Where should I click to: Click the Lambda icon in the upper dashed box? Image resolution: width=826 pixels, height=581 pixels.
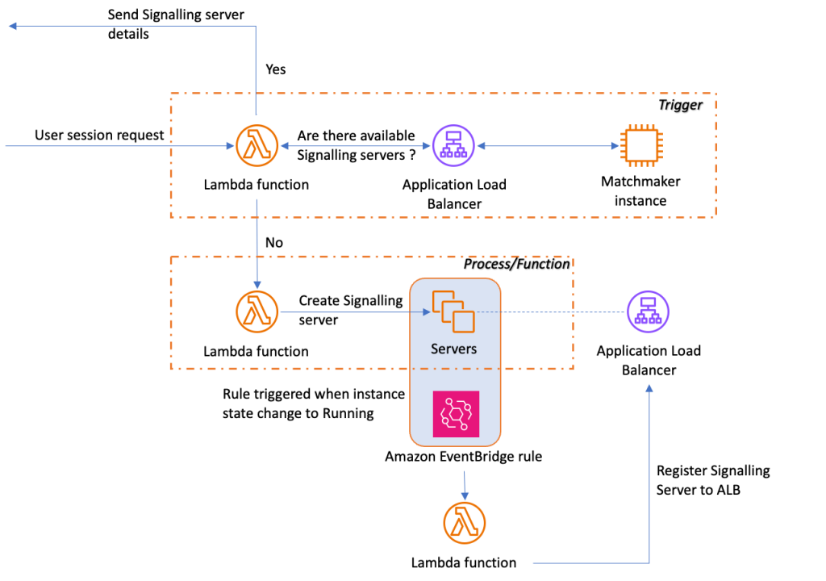coord(257,146)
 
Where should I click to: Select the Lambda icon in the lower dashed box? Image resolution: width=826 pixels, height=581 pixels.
coord(257,312)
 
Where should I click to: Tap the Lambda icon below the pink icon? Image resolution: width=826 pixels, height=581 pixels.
coord(465,523)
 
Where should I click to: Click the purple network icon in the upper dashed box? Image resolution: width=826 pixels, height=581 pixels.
coord(453,146)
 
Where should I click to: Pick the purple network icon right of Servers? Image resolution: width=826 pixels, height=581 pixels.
coord(648,312)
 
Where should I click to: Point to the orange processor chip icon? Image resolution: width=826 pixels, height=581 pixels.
coord(641,146)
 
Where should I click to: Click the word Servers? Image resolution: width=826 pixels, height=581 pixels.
coord(453,349)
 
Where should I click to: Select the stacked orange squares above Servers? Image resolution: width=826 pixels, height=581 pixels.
coord(453,311)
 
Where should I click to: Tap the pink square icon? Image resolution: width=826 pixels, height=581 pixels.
coord(456,414)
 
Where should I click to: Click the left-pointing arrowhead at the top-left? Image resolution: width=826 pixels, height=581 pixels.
coord(13,26)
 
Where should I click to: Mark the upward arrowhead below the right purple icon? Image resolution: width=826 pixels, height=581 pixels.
coord(649,389)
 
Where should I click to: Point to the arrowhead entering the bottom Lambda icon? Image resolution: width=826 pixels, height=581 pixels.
coord(465,496)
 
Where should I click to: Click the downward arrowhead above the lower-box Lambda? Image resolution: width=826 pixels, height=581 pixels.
coord(257,284)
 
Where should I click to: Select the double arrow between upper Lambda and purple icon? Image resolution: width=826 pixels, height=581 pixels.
coord(355,146)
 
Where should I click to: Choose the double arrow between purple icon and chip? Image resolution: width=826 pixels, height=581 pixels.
coord(549,146)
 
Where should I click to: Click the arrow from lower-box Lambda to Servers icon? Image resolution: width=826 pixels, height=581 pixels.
coord(355,312)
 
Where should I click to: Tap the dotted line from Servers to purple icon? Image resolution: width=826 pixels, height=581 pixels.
coord(557,312)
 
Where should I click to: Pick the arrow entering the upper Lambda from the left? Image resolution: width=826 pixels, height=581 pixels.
coord(121,146)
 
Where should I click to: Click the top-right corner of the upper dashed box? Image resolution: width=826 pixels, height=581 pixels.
coord(715,94)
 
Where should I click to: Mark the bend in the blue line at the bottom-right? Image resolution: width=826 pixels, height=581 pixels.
coord(649,562)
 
